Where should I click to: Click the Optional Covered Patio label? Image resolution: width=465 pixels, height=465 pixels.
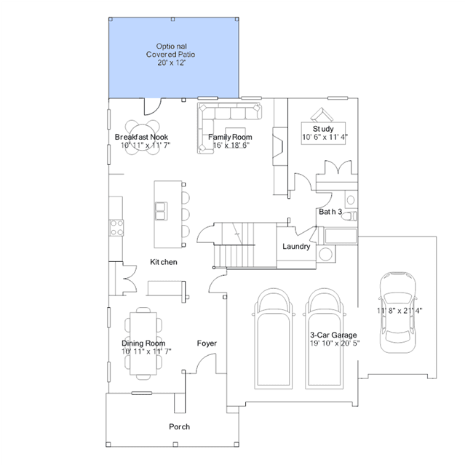pos(171,55)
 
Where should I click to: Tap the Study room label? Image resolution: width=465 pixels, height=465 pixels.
pos(323,129)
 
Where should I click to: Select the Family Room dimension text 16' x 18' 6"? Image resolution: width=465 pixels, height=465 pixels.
pos(231,145)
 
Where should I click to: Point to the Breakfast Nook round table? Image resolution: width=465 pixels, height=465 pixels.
pos(143,137)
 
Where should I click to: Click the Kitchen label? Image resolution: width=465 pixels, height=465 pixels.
pos(164,262)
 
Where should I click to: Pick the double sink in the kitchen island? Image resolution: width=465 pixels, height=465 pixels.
pos(161,211)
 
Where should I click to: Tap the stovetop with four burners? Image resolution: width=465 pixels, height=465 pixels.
pos(116,228)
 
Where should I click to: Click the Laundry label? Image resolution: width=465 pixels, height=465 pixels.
pos(296,246)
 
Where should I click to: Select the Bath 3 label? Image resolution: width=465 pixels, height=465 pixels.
pos(330,212)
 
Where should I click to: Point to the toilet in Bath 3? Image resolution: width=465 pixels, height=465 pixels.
pos(349,216)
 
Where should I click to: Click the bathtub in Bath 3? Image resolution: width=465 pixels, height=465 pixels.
pos(341,236)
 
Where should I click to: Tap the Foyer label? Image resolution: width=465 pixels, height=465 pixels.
pos(207,343)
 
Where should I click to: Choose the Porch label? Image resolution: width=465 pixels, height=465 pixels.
pos(179,426)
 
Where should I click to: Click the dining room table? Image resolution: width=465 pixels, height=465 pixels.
pos(143,343)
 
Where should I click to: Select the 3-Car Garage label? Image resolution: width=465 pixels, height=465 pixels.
pos(333,335)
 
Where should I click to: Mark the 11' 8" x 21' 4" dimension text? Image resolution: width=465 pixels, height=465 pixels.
pos(400,311)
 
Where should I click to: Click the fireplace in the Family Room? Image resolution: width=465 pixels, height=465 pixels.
pos(280,146)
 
